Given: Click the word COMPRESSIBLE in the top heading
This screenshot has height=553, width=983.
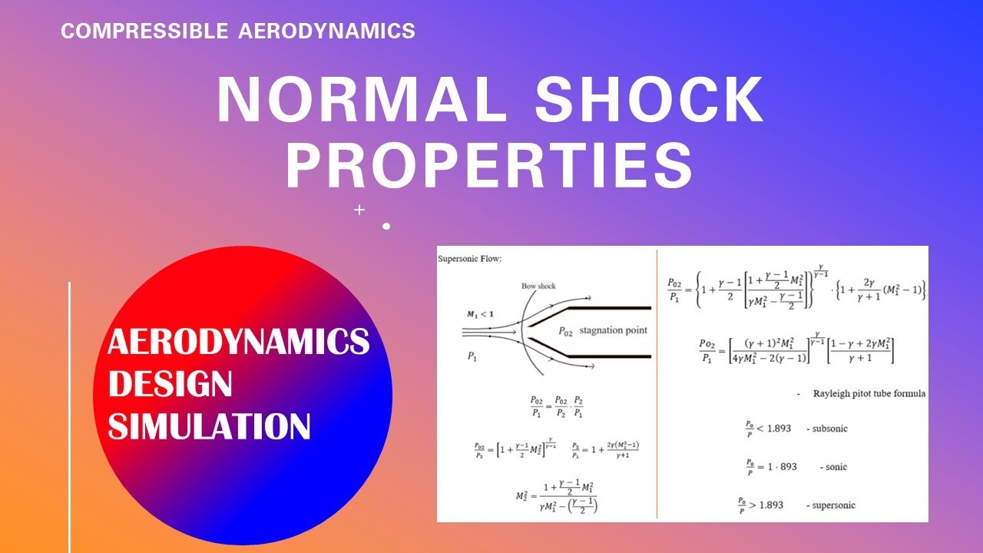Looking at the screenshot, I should (144, 31).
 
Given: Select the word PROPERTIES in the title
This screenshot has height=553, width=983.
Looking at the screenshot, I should (489, 166).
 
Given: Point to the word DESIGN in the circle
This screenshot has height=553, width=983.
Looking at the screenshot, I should (170, 383).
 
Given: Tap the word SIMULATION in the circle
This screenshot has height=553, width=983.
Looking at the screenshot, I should (209, 426).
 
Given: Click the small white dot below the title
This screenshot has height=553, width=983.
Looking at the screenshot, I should (386, 226).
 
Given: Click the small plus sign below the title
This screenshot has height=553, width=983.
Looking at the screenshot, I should (359, 209).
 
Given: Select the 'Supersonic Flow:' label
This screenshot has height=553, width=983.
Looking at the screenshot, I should (470, 259).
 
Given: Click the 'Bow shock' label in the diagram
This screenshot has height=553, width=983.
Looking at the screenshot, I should (538, 286).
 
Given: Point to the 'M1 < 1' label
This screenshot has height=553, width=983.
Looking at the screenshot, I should (481, 313).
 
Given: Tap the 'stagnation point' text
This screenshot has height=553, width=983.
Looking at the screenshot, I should (613, 330).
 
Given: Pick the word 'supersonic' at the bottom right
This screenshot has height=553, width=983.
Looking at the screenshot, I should (831, 505).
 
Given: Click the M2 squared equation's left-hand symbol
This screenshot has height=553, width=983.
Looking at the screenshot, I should (522, 496).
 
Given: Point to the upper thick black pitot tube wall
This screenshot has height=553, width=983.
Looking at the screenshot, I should (607, 307).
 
